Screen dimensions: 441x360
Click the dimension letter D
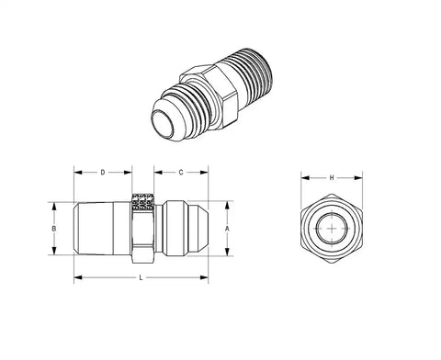[103, 173]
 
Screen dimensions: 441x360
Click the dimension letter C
[181, 173]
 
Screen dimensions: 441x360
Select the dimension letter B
[54, 229]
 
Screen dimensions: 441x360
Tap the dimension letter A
[227, 229]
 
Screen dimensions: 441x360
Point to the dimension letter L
[141, 277]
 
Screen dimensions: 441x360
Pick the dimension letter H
[332, 178]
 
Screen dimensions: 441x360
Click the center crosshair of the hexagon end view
[333, 229]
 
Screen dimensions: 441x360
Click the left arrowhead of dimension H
[305, 178]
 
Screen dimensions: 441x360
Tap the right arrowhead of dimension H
[358, 178]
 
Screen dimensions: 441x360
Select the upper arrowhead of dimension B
[54, 206]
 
